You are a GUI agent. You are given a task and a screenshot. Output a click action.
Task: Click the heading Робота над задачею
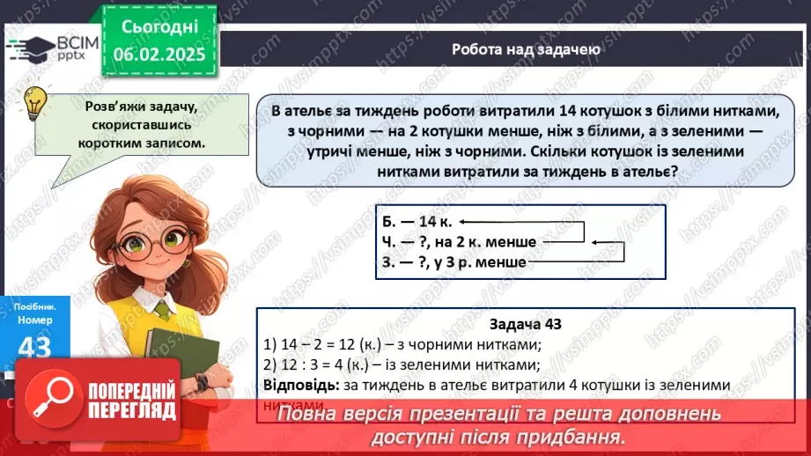527,49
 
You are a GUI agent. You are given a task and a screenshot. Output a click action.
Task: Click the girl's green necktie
163,310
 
